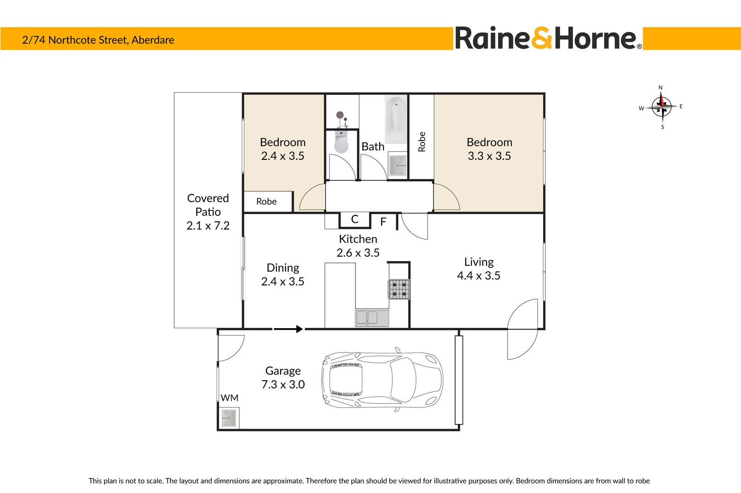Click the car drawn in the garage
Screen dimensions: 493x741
click(382, 380)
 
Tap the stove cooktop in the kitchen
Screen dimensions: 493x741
click(399, 289)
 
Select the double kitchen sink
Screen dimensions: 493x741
click(372, 318)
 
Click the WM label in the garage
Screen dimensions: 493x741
click(229, 398)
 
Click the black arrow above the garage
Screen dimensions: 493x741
click(288, 329)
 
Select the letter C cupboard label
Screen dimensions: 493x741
click(355, 219)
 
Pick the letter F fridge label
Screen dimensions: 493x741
click(383, 222)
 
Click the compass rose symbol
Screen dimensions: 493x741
click(661, 107)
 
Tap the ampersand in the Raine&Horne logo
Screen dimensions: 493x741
click(542, 38)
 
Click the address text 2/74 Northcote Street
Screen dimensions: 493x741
click(98, 40)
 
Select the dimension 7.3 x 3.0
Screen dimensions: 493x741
click(283, 385)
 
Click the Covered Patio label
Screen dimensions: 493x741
click(208, 205)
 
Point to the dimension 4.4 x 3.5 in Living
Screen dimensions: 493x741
click(478, 276)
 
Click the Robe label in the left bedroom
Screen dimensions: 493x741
click(266, 201)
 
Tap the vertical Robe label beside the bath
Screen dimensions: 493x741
click(422, 142)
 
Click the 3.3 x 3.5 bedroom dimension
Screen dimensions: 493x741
click(489, 156)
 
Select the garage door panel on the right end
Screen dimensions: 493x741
click(459, 380)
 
